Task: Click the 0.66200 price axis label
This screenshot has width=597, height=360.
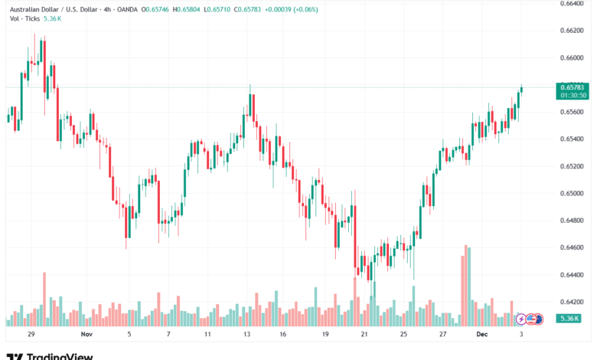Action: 573,31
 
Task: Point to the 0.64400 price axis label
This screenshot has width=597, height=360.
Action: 573,275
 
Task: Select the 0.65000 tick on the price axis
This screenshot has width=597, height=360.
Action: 573,193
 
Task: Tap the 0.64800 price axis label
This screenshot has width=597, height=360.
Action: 573,221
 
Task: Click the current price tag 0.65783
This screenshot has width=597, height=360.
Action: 573,87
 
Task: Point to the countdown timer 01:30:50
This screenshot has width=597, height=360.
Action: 573,95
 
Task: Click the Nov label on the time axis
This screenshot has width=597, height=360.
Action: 86,335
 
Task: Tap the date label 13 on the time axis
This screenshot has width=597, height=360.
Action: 248,335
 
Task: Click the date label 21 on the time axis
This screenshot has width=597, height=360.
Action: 365,335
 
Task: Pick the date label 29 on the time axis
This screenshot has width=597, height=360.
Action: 31,335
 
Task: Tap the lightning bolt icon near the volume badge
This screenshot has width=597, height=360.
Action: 522,319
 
